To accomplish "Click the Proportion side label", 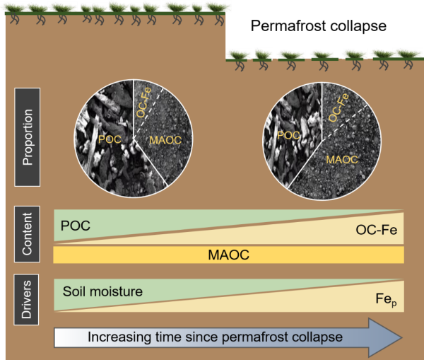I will coord(28,137).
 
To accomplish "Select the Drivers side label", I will coord(28,296).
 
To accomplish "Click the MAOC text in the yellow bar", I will coord(228,254).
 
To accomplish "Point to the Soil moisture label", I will coord(102,291).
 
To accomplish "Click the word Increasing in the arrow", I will coord(114,337).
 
